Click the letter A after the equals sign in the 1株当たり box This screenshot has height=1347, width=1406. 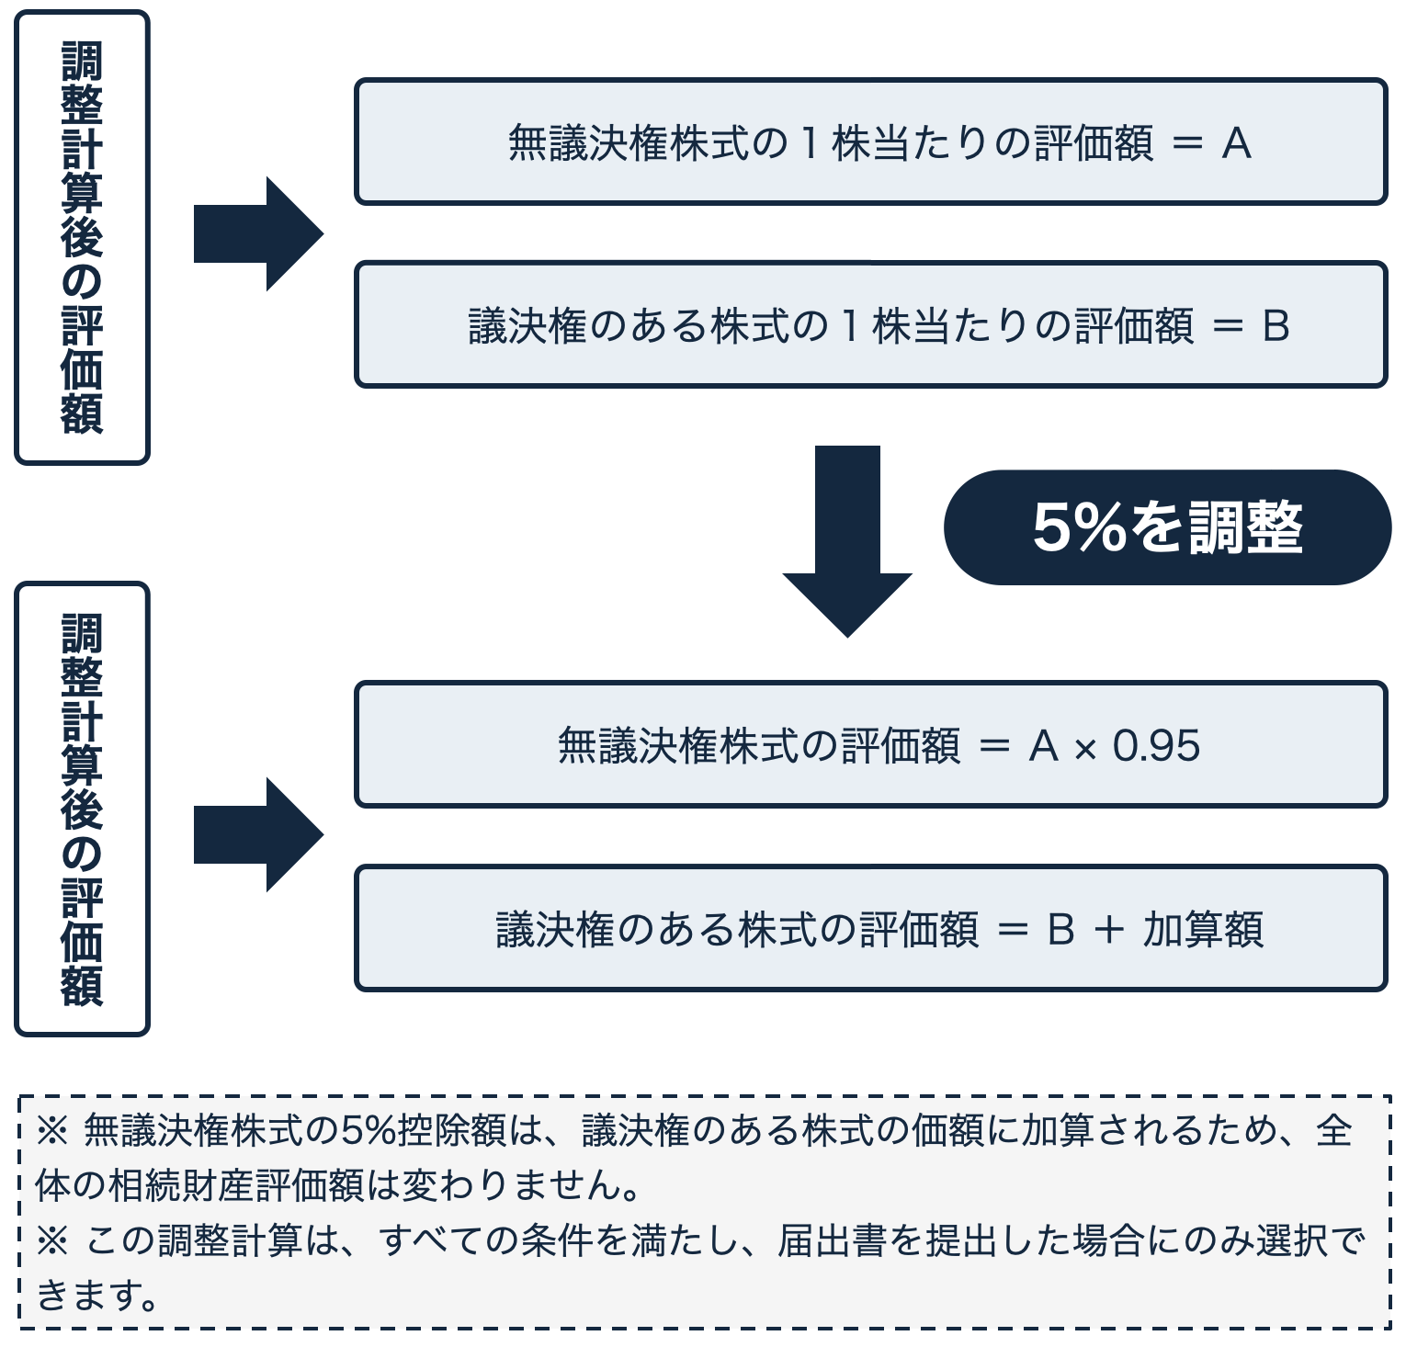point(1237,143)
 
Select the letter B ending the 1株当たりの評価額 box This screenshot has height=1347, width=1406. point(1276,326)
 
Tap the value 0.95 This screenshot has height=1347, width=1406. point(1156,745)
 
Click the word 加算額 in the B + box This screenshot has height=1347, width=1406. point(1203,929)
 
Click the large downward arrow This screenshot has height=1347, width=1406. point(847,541)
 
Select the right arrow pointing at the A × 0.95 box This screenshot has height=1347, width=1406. point(258,834)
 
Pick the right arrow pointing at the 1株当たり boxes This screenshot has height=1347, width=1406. point(258,233)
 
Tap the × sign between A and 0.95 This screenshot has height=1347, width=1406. point(1085,749)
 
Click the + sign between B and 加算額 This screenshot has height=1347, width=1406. point(1109,930)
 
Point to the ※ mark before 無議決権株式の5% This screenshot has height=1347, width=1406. point(52,1131)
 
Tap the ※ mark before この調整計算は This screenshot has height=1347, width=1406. point(52,1241)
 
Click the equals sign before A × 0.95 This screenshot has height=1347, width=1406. point(994,746)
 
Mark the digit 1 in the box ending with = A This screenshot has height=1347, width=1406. point(809,143)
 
